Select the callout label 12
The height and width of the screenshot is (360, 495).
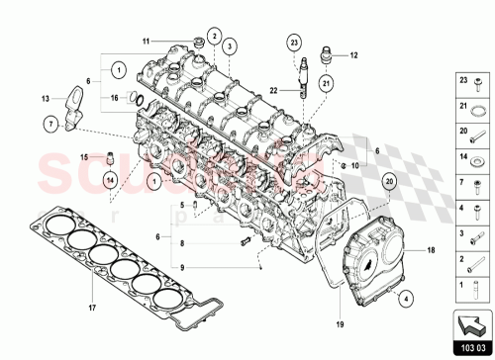click(x=354, y=55)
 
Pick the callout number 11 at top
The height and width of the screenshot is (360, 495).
click(x=144, y=41)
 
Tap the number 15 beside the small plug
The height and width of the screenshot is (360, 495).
click(x=84, y=156)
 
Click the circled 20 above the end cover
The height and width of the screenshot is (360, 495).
click(x=389, y=181)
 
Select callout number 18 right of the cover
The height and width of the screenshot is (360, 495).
click(x=430, y=252)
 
